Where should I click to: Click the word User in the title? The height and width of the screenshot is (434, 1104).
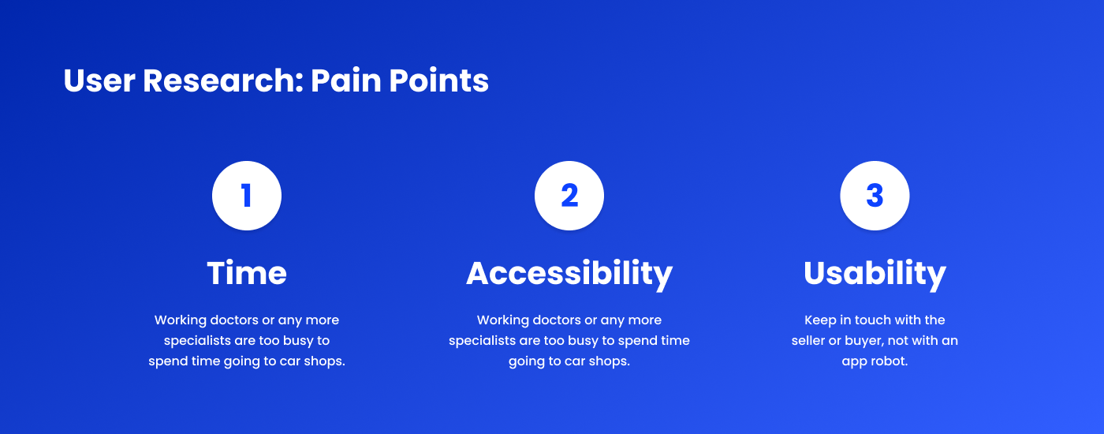[99, 80]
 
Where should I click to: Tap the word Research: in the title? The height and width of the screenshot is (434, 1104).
[223, 80]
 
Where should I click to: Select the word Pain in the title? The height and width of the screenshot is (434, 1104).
[346, 80]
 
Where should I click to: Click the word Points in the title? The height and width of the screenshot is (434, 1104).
[438, 80]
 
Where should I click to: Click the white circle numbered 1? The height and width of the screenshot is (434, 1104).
[246, 196]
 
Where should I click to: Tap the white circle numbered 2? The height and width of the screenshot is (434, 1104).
[569, 196]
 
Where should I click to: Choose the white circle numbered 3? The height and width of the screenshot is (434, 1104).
[875, 196]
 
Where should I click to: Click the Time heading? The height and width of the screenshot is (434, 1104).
[246, 273]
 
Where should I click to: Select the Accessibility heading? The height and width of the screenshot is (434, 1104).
[569, 275]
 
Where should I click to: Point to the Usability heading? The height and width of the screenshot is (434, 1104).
[875, 275]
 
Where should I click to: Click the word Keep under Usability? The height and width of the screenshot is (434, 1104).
[820, 320]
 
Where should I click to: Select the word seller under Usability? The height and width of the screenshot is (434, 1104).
[807, 340]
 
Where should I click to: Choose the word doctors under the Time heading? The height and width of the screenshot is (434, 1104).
[234, 320]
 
